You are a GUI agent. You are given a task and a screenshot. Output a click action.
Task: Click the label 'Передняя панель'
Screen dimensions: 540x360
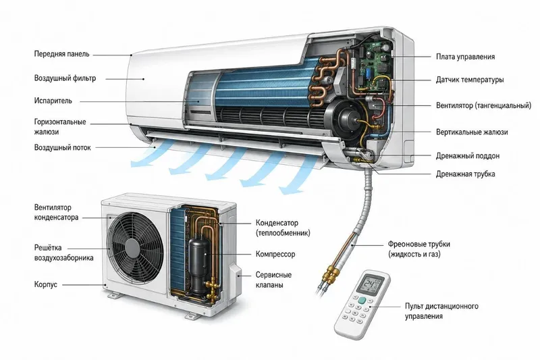(x=61, y=54)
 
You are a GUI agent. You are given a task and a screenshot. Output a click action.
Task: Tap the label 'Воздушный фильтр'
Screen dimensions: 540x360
(x=65, y=78)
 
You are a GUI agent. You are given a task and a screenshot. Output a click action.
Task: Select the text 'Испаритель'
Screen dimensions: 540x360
(x=53, y=101)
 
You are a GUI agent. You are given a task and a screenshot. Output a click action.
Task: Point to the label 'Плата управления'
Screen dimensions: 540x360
(x=465, y=57)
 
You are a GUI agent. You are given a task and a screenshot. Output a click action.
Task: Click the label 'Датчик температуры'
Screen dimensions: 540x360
(x=470, y=80)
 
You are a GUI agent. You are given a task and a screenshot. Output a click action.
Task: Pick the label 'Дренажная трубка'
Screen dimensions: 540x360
(x=465, y=174)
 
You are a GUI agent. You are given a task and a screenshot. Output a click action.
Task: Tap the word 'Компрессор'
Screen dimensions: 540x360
(x=275, y=254)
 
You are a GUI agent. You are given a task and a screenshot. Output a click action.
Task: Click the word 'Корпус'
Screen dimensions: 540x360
(x=45, y=284)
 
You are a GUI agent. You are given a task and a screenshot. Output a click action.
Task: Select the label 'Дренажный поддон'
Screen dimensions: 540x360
(x=468, y=156)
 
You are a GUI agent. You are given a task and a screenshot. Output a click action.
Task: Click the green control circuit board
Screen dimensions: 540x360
(x=375, y=63)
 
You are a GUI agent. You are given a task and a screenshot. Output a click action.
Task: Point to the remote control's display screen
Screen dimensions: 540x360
(x=370, y=285)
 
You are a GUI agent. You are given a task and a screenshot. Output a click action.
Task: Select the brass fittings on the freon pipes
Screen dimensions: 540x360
(x=331, y=276)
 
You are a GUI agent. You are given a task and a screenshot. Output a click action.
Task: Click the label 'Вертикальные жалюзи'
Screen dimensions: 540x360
(x=472, y=132)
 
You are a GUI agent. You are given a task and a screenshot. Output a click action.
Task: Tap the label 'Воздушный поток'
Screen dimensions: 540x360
(x=62, y=148)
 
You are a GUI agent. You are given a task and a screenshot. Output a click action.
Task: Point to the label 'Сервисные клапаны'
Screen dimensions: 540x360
(x=273, y=280)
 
